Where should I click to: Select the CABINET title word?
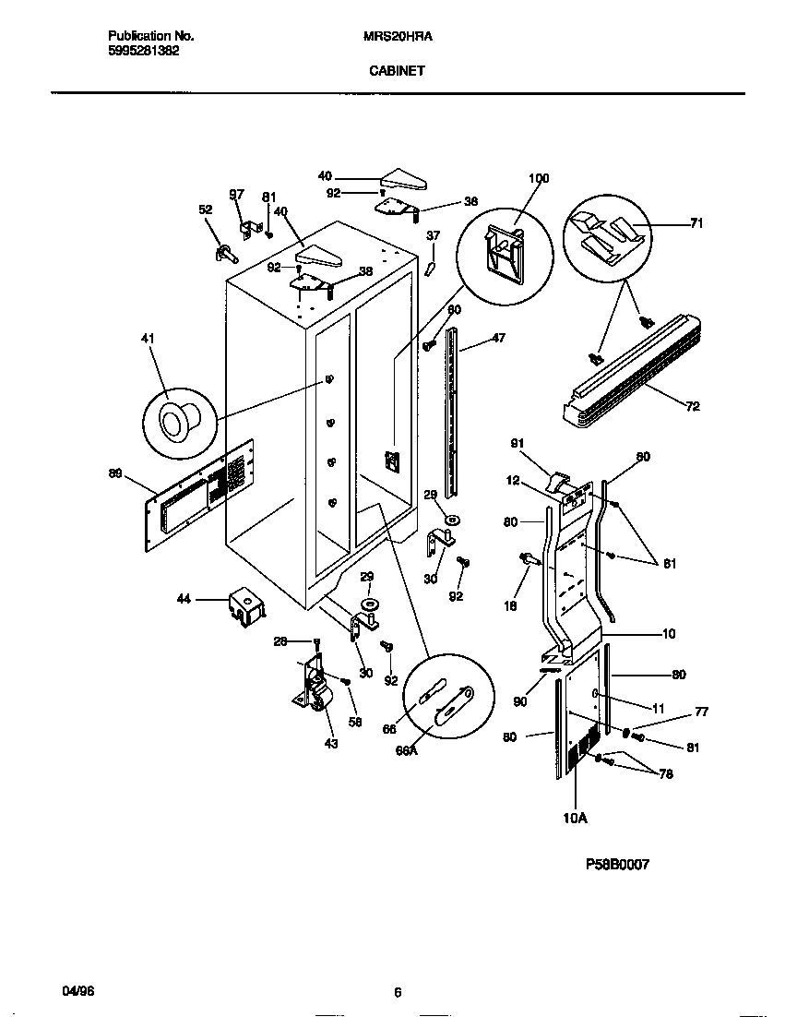[x=398, y=69]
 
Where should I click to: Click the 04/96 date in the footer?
[x=78, y=992]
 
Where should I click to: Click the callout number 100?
[x=539, y=178]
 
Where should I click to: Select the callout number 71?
[x=696, y=223]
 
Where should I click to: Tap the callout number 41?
[x=148, y=340]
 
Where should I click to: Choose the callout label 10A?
[x=575, y=818]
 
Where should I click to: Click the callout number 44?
[x=183, y=600]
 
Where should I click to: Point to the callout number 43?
[x=331, y=744]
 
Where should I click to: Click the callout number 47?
[x=498, y=340]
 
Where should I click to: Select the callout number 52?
[x=205, y=209]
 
